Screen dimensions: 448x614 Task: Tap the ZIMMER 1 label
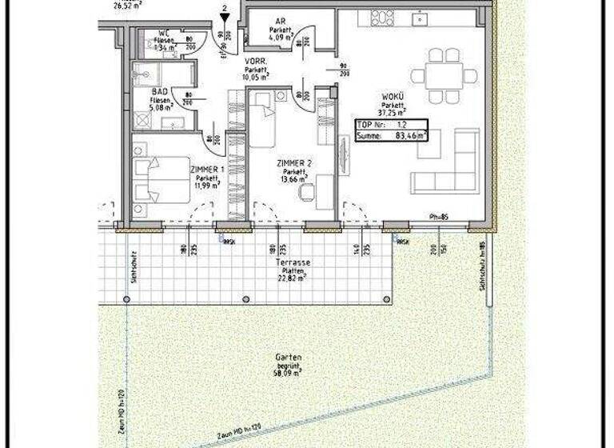205,170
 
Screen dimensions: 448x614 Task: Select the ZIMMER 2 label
293,163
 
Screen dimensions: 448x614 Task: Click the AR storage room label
280,22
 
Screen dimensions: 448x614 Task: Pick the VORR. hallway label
256,62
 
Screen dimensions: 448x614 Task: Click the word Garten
287,359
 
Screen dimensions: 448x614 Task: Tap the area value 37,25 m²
393,111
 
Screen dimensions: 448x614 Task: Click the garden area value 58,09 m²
287,373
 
